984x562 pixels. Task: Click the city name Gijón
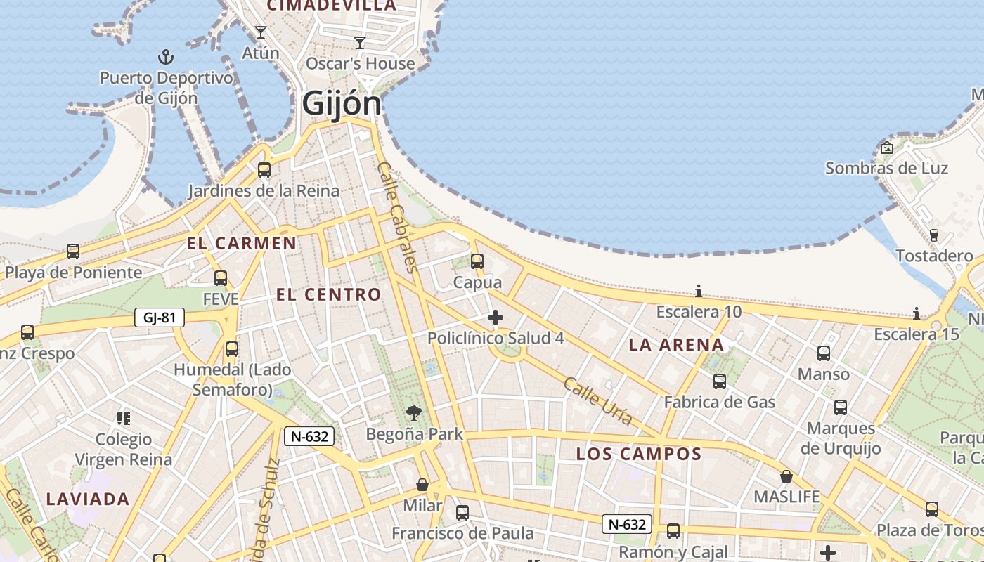pos(342,104)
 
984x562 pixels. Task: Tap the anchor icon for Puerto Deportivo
pos(166,56)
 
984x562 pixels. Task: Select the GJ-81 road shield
pos(160,318)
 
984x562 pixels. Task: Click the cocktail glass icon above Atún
pos(260,32)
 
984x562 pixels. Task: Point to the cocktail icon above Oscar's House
pos(360,43)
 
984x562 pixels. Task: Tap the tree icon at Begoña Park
pos(414,413)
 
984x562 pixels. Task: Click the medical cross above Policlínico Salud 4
pos(496,318)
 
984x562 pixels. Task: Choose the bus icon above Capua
pos(477,261)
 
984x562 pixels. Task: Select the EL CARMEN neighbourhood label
pos(241,244)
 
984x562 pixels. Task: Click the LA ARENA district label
pos(676,345)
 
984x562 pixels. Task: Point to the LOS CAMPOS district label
pos(639,454)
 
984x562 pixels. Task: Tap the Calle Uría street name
pos(598,401)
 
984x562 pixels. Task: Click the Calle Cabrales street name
pos(398,216)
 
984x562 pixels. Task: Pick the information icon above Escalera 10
pos(699,291)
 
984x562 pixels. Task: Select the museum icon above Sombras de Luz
pos(886,148)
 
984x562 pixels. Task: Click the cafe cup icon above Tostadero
pos(934,235)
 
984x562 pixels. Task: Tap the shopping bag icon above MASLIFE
pos(786,476)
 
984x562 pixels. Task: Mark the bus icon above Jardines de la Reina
pos(264,170)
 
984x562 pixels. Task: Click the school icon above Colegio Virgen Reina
pos(124,419)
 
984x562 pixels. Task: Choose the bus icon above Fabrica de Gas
pos(720,381)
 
